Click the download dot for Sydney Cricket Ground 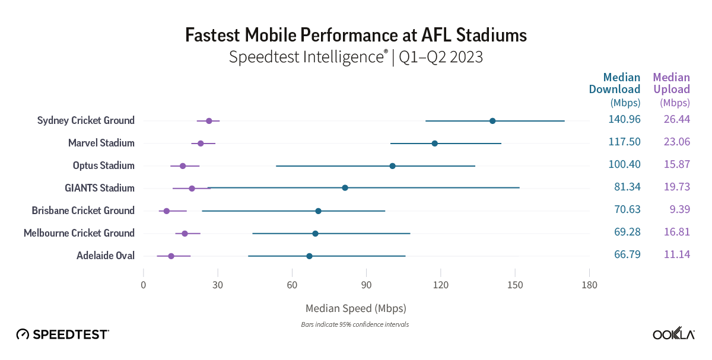492,121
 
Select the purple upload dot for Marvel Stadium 201,144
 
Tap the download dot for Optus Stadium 392,166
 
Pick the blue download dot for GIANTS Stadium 345,188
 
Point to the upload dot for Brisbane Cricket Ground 167,211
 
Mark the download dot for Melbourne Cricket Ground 315,234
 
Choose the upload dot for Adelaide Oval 171,256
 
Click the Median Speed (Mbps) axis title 356,309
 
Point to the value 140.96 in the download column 624,119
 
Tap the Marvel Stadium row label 101,143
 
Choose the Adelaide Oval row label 106,256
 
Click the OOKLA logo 673,334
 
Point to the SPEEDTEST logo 62,334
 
